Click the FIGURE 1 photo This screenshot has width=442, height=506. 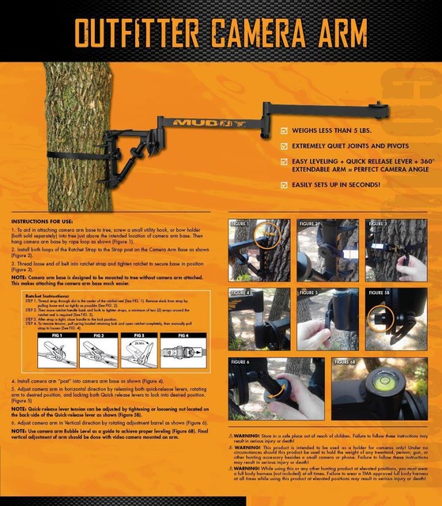coord(259,249)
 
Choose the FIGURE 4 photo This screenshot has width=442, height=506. coord(259,318)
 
